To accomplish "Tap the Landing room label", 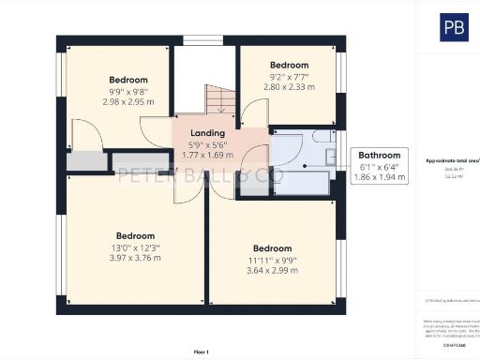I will tap(207, 134).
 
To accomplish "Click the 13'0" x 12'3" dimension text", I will tap(135, 247).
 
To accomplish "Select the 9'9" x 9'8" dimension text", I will tap(128, 92).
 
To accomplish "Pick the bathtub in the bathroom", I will tap(300, 183).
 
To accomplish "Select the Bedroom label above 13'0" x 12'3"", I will tap(135, 235).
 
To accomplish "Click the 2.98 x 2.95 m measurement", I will tap(128, 102).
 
